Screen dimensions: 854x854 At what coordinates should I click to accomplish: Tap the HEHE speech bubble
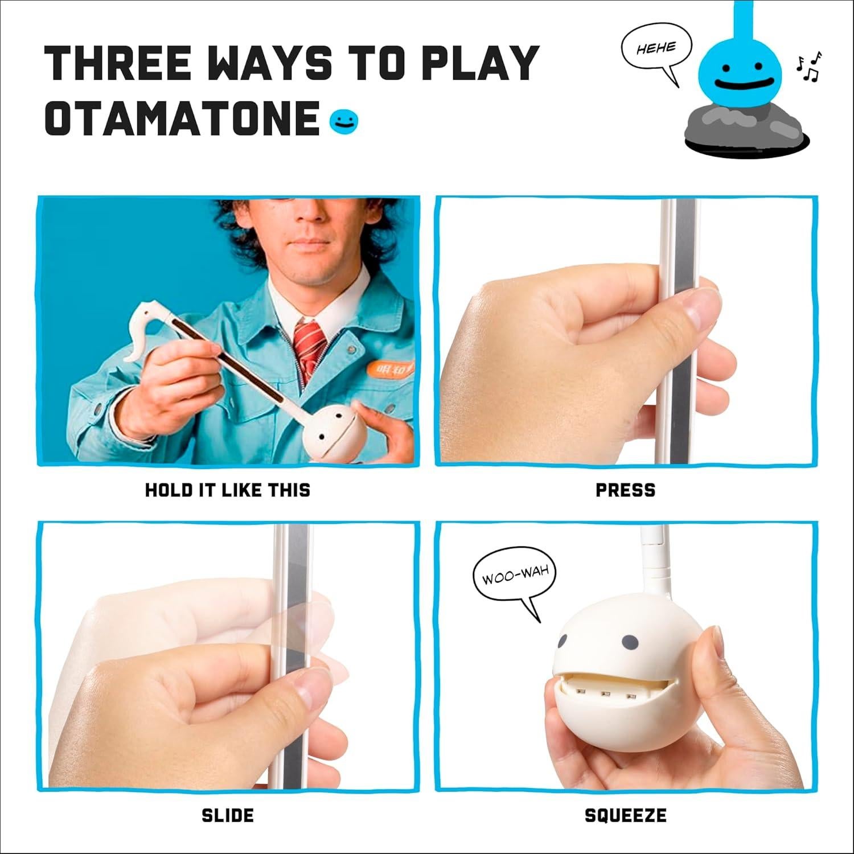tap(656, 49)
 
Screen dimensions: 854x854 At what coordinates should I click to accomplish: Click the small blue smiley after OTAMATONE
tap(344, 121)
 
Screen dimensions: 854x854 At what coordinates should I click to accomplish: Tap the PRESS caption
tap(625, 490)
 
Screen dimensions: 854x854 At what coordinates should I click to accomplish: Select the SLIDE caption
tap(228, 815)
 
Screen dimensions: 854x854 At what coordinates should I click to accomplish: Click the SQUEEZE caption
tap(625, 815)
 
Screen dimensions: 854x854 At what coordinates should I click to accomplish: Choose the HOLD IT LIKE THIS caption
tap(228, 490)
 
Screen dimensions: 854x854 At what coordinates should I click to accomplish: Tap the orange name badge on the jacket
tap(389, 369)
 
